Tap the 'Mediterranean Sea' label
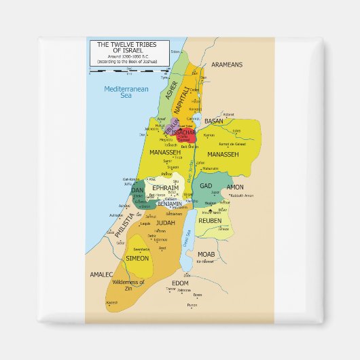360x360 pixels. (x=117, y=92)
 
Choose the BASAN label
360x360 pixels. (x=214, y=121)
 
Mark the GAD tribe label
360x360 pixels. (x=206, y=185)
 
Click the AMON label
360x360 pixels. (x=235, y=187)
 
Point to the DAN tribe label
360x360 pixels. (x=137, y=191)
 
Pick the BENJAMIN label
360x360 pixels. (x=169, y=203)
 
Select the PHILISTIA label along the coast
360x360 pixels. (x=121, y=223)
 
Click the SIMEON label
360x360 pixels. (x=137, y=258)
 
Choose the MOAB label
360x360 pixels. (x=206, y=254)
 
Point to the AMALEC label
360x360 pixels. (x=100, y=275)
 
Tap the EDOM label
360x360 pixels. (x=180, y=282)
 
